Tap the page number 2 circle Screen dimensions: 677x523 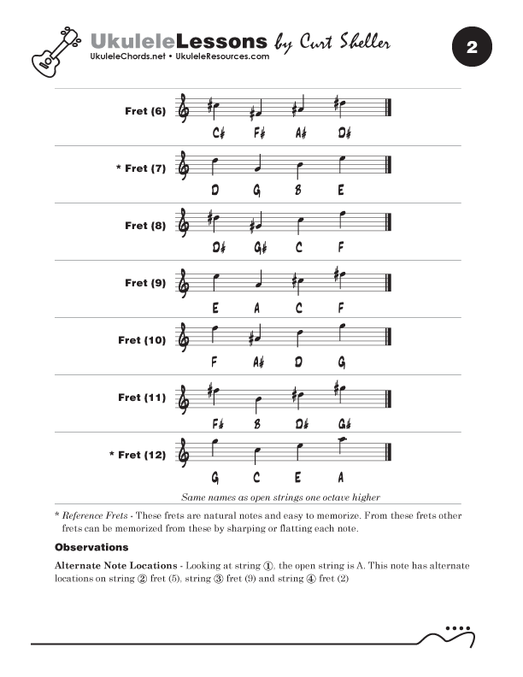471,49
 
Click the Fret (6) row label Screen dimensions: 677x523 145,111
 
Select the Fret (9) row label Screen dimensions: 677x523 145,283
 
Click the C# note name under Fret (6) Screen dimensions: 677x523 218,133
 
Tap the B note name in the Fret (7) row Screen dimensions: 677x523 298,191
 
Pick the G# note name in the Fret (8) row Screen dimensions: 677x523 259,248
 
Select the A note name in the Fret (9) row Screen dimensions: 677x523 256,305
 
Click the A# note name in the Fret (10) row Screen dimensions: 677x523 259,362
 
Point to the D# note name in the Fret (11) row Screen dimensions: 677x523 301,420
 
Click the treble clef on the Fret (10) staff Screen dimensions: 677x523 183,336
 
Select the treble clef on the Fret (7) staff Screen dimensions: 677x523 183,164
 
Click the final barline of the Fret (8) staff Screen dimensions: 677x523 389,222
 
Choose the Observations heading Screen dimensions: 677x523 91,546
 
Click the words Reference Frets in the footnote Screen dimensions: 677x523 97,515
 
